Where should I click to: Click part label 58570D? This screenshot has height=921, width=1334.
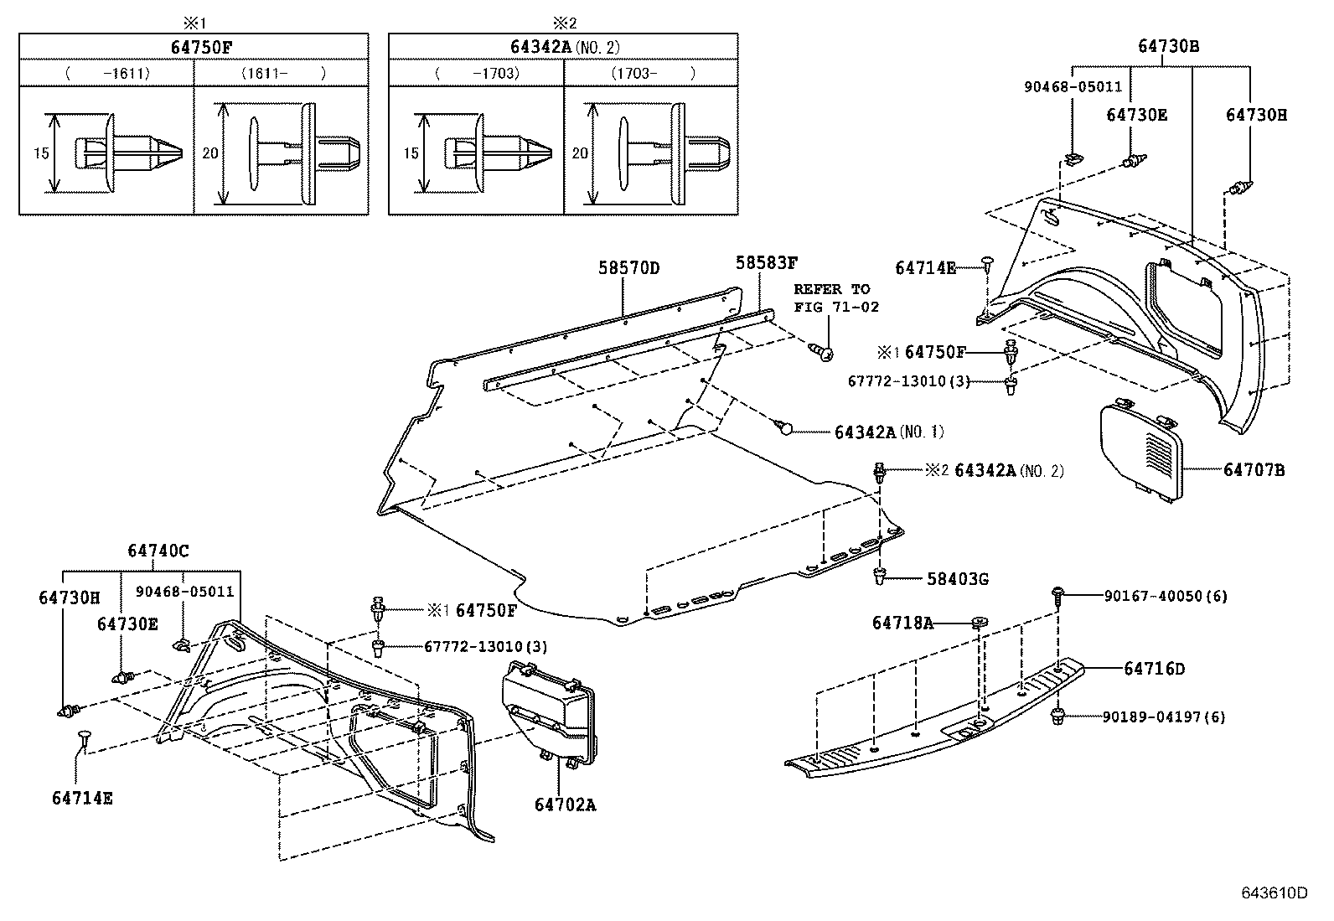(x=628, y=268)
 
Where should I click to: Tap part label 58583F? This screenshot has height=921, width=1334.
(x=766, y=262)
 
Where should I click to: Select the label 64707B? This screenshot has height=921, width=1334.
(x=1254, y=470)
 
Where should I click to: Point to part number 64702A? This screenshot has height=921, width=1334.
(x=565, y=805)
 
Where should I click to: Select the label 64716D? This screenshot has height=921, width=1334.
(x=1154, y=669)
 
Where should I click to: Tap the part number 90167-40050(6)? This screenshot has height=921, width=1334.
(x=1165, y=596)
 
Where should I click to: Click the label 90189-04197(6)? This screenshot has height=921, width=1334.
(x=1164, y=717)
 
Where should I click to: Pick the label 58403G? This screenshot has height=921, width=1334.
(x=957, y=579)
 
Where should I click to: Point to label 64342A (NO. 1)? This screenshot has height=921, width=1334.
(x=888, y=432)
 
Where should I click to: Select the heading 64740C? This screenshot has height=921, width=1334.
(x=158, y=551)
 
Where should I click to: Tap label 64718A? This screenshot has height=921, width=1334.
(x=902, y=623)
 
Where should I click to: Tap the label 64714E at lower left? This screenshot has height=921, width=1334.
(x=82, y=797)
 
